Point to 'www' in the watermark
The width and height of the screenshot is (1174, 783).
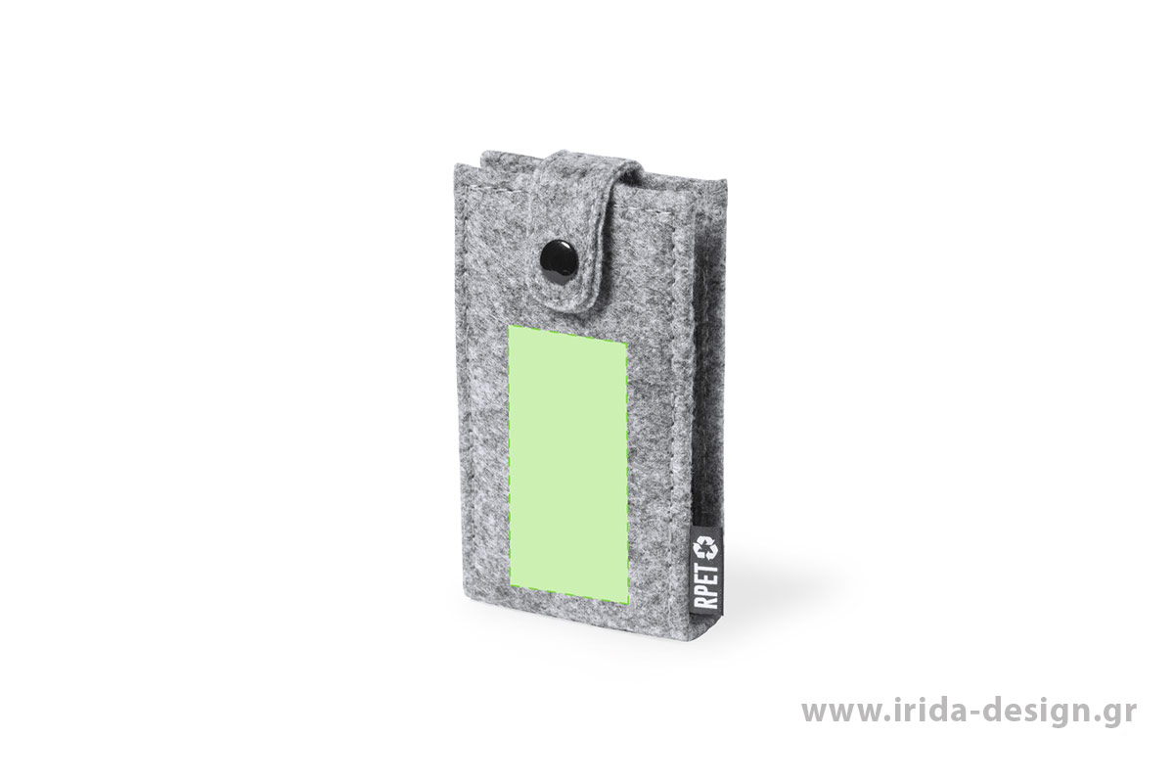pos(835,713)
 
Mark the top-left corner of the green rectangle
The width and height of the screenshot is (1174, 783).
pos(508,325)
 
